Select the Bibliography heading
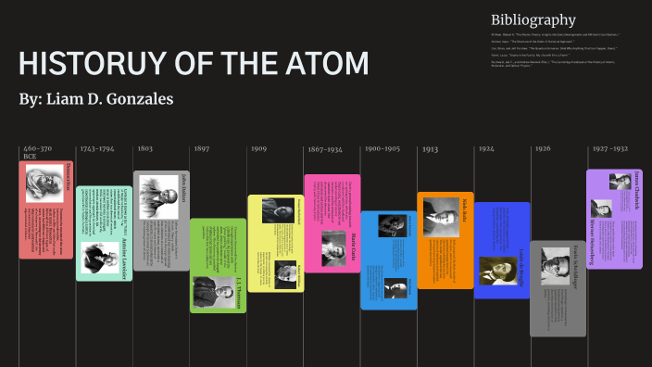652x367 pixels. [533, 20]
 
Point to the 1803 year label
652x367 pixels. [145, 148]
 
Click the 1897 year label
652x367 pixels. [202, 148]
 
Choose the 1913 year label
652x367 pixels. [430, 148]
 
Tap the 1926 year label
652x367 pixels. [543, 148]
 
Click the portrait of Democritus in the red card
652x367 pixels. [44, 183]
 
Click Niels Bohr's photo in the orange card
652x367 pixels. [441, 218]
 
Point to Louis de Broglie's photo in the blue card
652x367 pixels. [497, 271]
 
